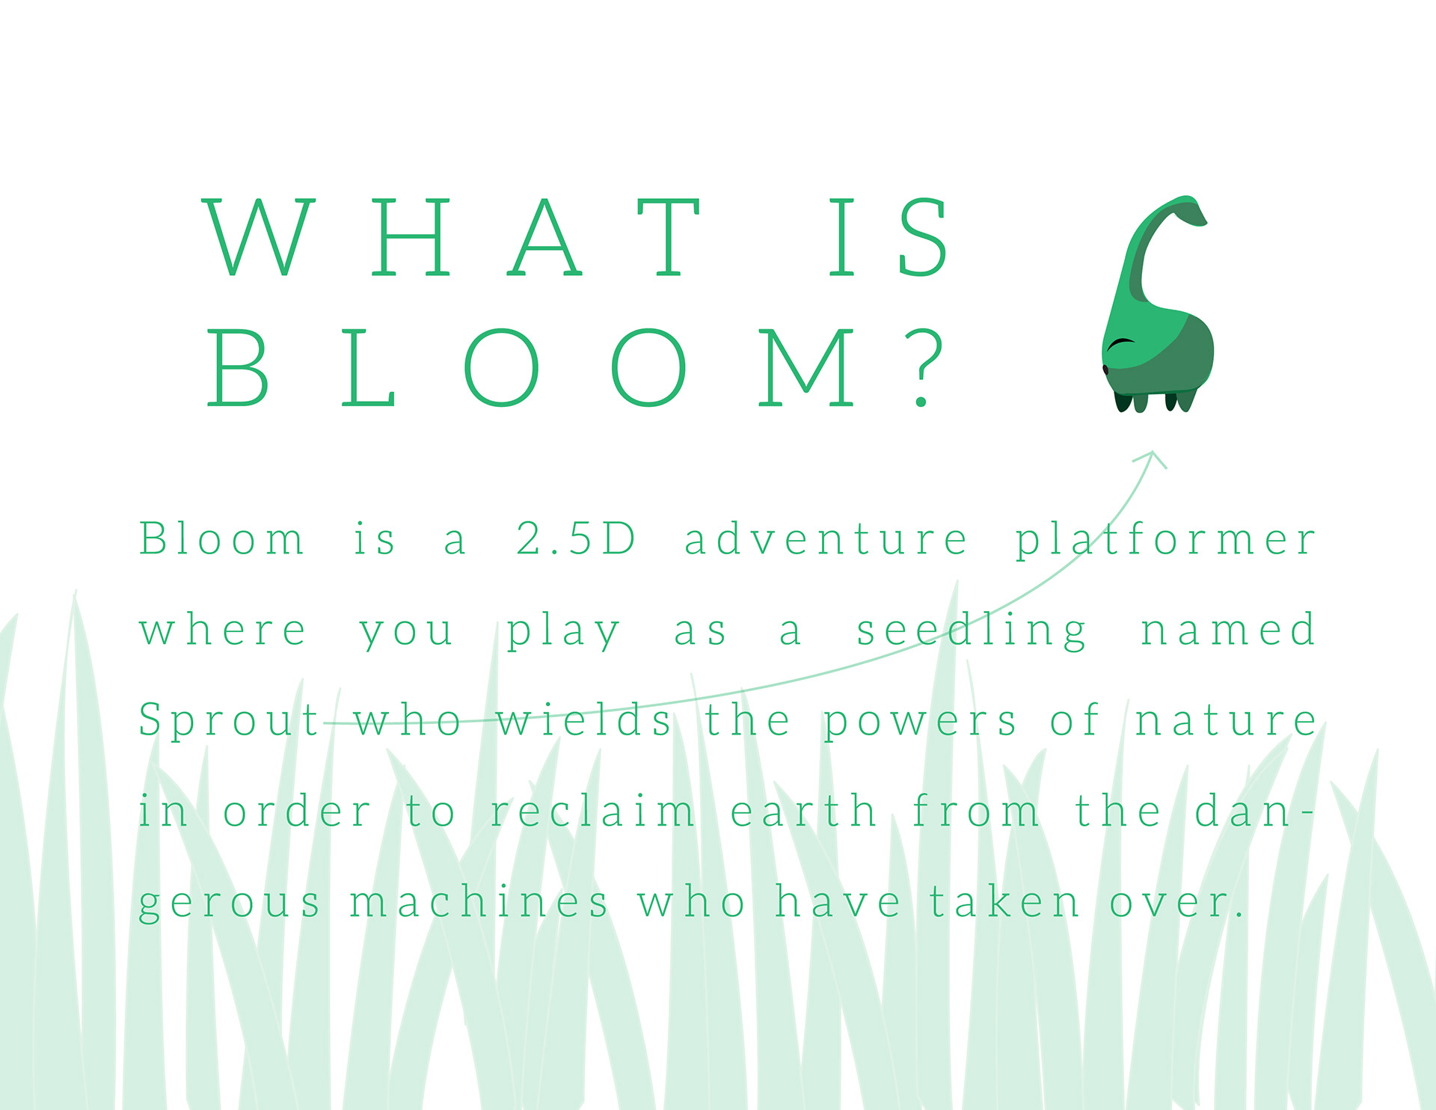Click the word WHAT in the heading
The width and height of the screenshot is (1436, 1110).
[452, 237]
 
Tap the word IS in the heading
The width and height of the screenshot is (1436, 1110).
[888, 237]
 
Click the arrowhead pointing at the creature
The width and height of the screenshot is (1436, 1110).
[1153, 459]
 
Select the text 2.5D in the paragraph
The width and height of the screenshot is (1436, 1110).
[576, 539]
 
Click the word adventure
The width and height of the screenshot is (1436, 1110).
[826, 539]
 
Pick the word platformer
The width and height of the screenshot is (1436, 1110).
[1165, 540]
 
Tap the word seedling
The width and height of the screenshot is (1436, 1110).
[971, 631]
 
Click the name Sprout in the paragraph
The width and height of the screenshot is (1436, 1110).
[230, 721]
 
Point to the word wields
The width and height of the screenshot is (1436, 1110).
[583, 720]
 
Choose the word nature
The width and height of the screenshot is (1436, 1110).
[1225, 721]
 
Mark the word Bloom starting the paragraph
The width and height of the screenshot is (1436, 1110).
[221, 539]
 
